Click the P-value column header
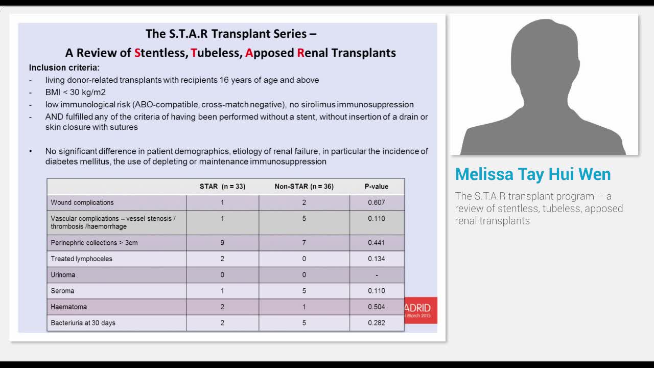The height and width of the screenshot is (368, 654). [377, 187]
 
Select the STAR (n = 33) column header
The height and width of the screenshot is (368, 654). [222, 187]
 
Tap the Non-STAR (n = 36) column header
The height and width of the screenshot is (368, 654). [304, 187]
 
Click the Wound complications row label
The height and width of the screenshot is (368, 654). [82, 202]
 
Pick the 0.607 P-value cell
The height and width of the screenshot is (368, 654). [377, 202]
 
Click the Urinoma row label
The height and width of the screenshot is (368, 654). [63, 275]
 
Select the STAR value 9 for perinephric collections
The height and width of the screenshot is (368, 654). [222, 243]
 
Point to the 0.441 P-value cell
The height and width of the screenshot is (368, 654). [377, 243]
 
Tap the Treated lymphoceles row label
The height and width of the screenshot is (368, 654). [81, 259]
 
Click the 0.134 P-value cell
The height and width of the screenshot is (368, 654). [377, 259]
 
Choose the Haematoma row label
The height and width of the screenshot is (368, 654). [68, 307]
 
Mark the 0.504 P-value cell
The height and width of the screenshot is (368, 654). [377, 307]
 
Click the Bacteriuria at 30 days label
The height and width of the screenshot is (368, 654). [83, 323]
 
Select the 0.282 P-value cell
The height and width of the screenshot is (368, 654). [377, 323]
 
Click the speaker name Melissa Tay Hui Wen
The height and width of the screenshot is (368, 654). [533, 174]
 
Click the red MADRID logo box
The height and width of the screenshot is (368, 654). [421, 310]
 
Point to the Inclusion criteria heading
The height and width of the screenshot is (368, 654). [64, 68]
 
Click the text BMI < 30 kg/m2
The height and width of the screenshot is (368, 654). [75, 93]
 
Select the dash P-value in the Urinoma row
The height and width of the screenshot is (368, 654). [377, 275]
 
